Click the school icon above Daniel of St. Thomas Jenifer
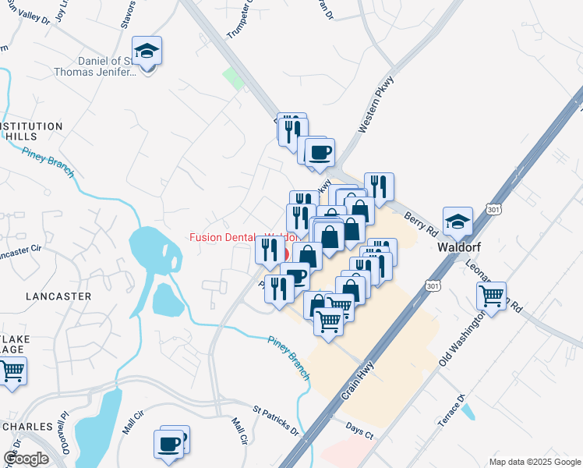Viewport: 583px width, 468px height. (147, 51)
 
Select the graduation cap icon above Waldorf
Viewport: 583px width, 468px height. (458, 222)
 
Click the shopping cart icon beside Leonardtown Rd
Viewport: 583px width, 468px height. (491, 296)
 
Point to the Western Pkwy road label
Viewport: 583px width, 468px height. (378, 104)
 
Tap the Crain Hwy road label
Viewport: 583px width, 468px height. (357, 379)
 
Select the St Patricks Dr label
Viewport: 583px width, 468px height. (275, 419)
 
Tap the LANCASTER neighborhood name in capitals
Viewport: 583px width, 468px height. (58, 296)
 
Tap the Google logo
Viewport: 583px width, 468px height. (26, 458)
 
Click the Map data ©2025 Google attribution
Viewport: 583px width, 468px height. (534, 462)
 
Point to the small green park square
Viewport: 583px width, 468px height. (233, 78)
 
